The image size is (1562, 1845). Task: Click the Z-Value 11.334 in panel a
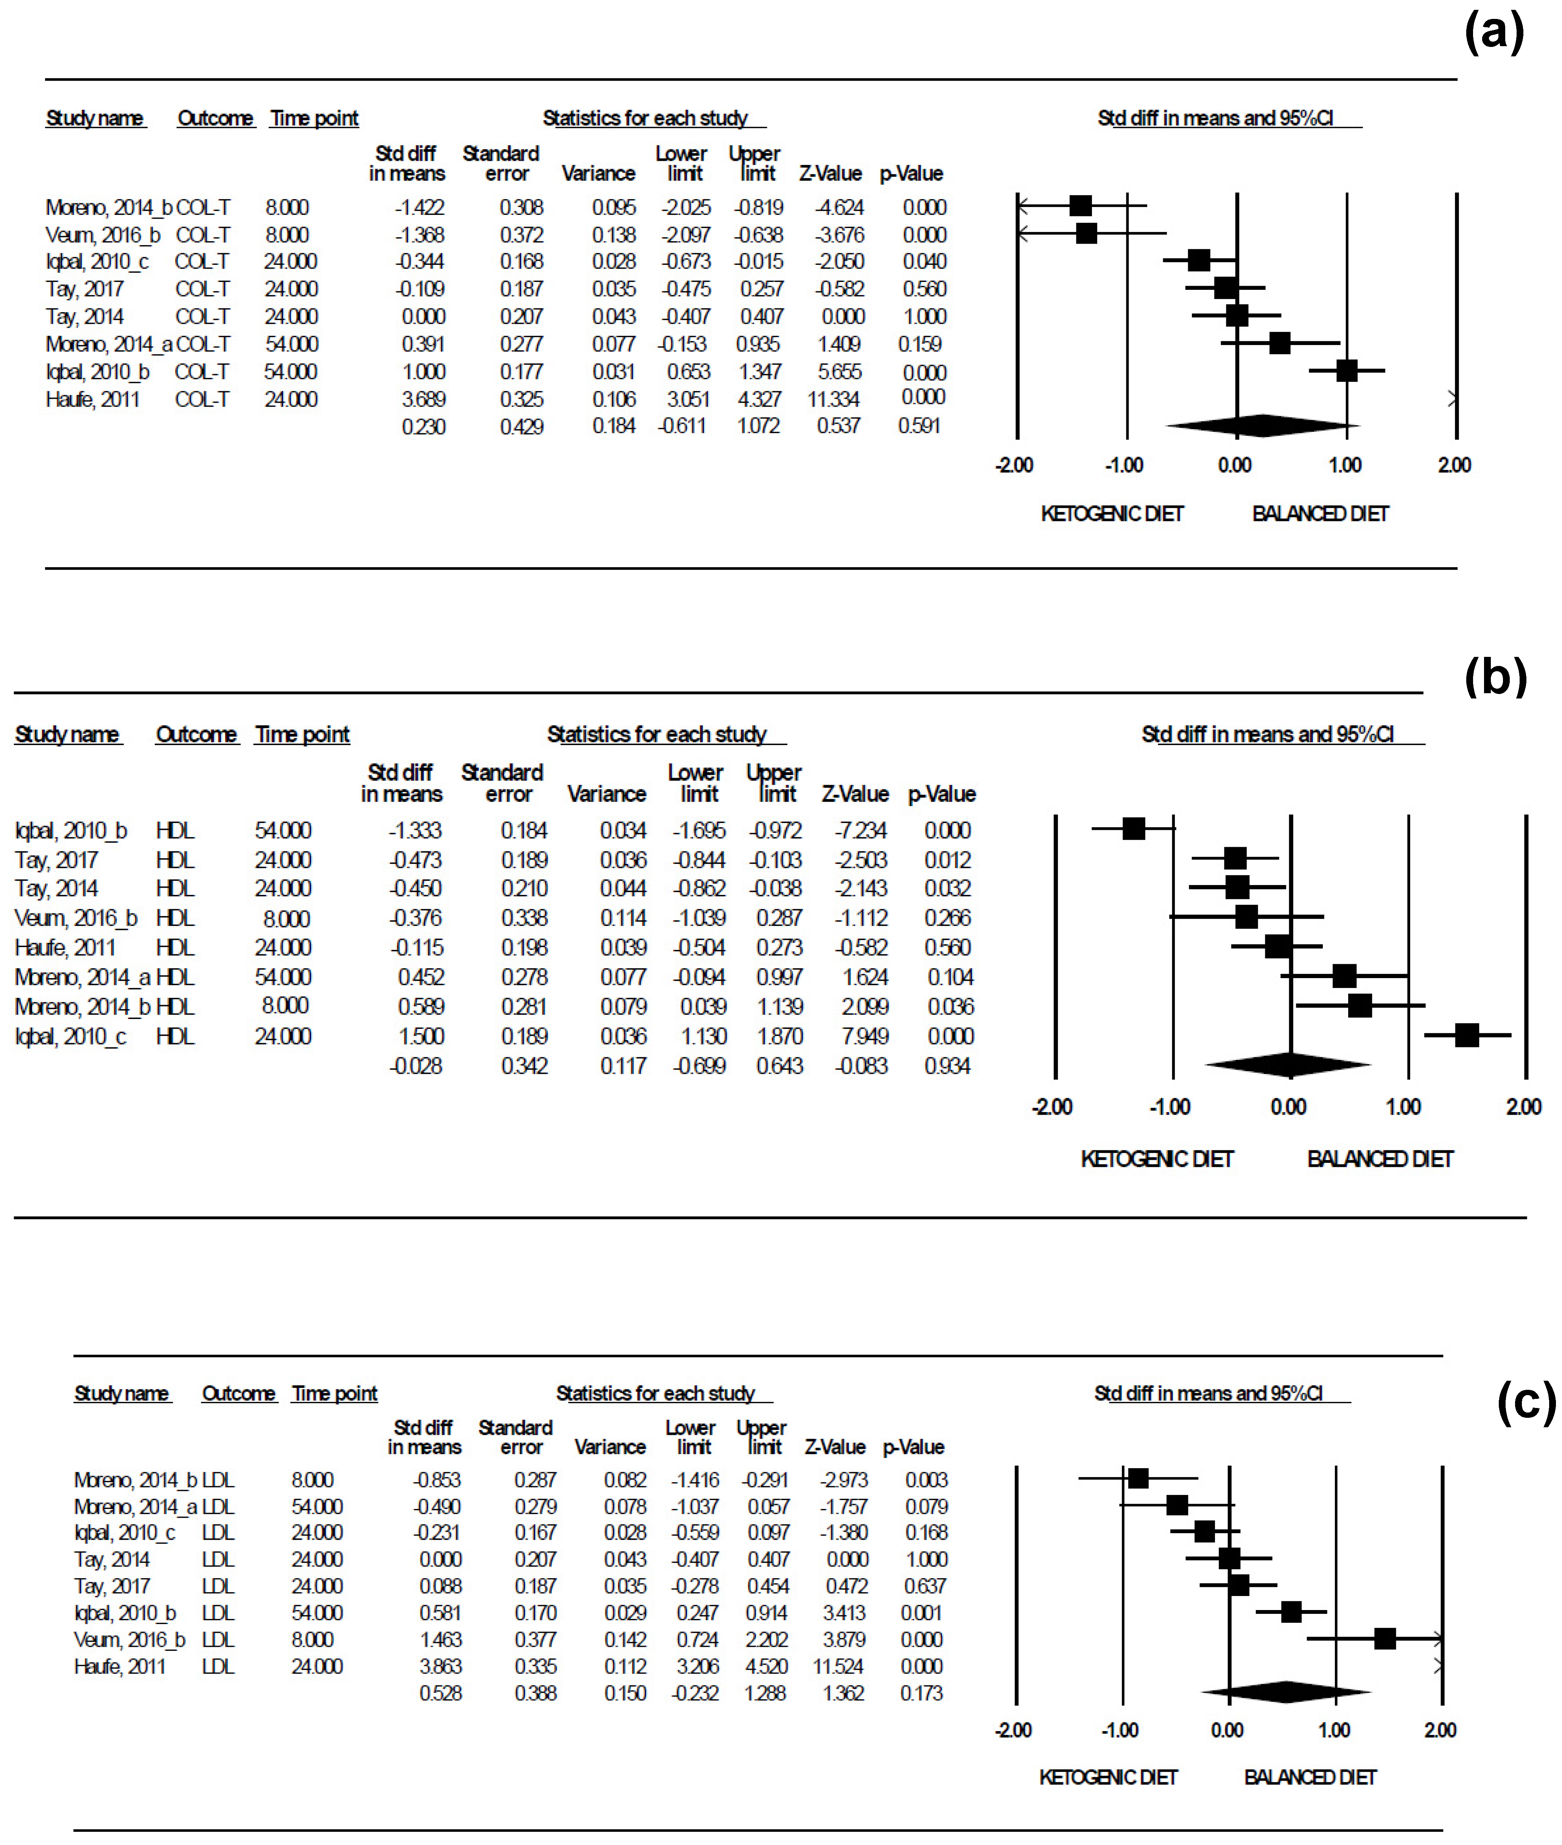point(833,399)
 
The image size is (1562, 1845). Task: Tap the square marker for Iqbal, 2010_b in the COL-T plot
point(1346,371)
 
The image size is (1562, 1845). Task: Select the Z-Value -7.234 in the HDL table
point(861,831)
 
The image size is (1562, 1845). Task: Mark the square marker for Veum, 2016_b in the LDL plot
point(1385,1639)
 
